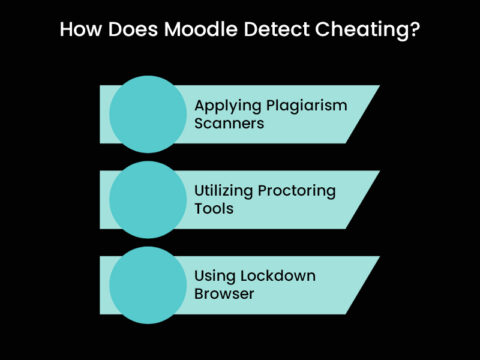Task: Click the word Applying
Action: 227,105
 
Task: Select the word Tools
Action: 213,210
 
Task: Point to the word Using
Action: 216,275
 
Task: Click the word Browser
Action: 225,295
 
